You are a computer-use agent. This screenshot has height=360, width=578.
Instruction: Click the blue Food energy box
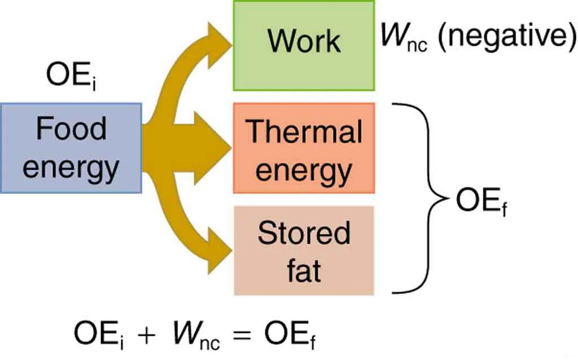pyautogui.click(x=71, y=148)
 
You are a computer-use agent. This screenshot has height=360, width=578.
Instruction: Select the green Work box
pyautogui.click(x=304, y=45)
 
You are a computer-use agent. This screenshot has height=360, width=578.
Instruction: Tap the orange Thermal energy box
pyautogui.click(x=304, y=148)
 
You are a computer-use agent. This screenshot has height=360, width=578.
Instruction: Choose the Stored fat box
pyautogui.click(x=304, y=251)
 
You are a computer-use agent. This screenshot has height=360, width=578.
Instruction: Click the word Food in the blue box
pyautogui.click(x=71, y=129)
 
